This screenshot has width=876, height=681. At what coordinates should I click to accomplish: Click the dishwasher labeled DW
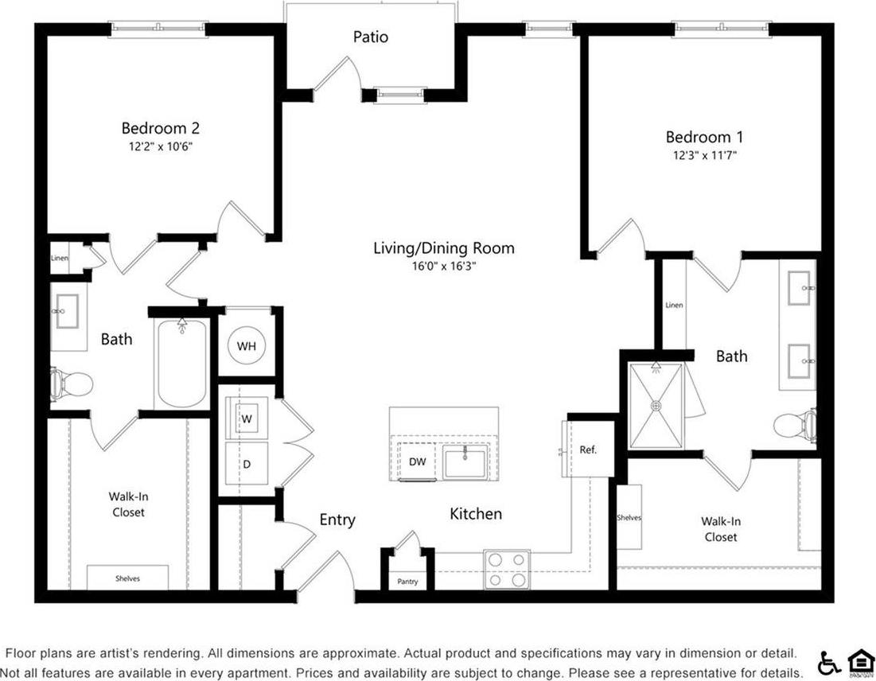417,461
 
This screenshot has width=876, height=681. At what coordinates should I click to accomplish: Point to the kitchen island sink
465,461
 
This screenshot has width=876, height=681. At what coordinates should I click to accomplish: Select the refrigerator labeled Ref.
588,450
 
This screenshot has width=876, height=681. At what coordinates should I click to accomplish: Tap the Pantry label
407,582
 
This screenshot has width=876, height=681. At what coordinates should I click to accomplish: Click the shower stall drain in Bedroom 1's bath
656,405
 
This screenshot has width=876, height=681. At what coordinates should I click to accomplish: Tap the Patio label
371,37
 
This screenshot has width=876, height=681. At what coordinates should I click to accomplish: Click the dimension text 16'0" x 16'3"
443,266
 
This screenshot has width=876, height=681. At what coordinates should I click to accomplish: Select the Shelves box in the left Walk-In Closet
127,578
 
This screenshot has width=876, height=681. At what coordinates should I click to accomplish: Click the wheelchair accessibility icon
828,662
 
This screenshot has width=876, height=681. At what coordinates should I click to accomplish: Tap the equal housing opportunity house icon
858,662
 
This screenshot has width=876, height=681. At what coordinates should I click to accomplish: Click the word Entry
337,520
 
